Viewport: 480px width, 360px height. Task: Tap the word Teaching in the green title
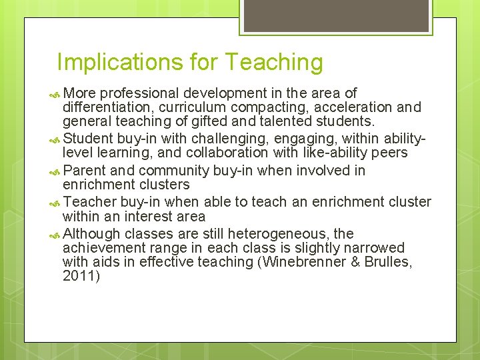273,63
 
